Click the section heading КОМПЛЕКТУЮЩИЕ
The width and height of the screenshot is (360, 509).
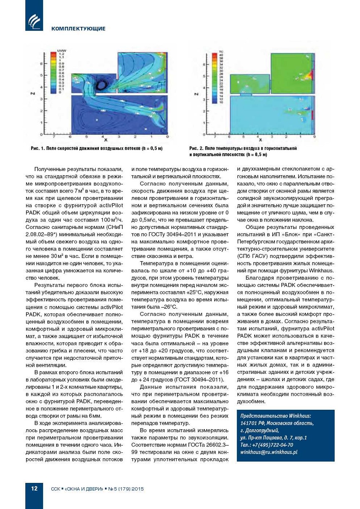click(78, 29)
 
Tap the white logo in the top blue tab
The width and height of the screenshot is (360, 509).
click(34, 21)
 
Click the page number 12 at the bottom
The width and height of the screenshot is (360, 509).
click(34, 488)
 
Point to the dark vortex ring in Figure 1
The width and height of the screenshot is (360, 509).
click(101, 85)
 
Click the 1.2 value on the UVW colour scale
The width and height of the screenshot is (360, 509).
click(61, 54)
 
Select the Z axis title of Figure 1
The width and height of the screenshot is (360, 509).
click(33, 93)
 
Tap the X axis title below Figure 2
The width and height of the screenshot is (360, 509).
click(260, 140)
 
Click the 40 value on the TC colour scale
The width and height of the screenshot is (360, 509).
click(221, 55)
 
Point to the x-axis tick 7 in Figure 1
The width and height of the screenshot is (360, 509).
click(54, 137)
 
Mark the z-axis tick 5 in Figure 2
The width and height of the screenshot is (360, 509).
click(204, 76)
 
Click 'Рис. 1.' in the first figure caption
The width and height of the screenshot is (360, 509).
click(38, 148)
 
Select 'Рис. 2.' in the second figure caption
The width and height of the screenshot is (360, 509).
click(196, 148)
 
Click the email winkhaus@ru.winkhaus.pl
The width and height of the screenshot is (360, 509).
click(269, 452)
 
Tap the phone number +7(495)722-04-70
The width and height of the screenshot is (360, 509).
click(272, 445)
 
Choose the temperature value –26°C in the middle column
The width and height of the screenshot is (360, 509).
click(169, 307)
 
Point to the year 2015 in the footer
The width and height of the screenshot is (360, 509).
click(137, 489)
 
